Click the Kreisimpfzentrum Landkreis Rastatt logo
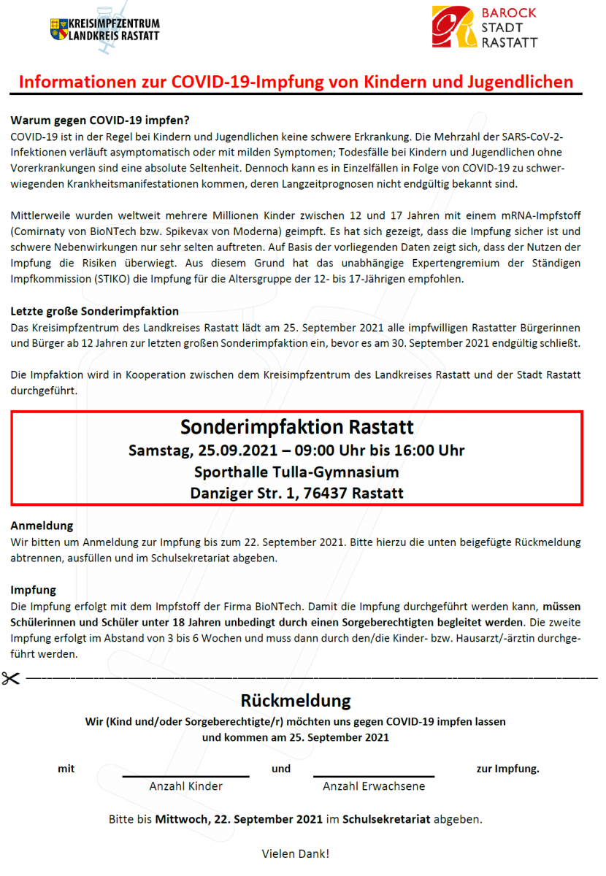[x=104, y=30]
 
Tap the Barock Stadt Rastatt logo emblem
[x=452, y=27]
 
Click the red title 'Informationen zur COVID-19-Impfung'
[x=296, y=82]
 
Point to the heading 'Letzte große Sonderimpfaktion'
[x=95, y=312]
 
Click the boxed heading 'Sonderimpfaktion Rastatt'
[x=296, y=426]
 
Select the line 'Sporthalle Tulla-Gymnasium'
[x=296, y=472]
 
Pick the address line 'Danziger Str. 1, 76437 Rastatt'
[x=296, y=493]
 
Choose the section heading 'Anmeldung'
[x=42, y=526]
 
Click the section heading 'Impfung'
[x=34, y=589]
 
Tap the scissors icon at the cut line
[x=11, y=677]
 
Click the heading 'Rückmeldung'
[x=296, y=701]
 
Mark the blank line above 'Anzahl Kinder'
[x=186, y=775]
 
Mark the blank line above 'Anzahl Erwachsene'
[x=374, y=775]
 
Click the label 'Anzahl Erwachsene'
[x=374, y=786]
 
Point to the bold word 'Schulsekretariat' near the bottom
[x=386, y=819]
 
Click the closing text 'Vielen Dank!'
[x=296, y=853]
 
